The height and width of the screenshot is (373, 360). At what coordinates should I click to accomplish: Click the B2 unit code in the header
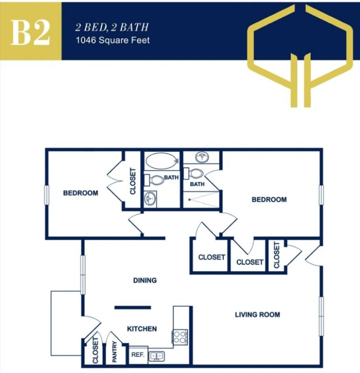pyautogui.click(x=30, y=32)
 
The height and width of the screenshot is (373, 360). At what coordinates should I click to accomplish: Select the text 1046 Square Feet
pyautogui.click(x=112, y=40)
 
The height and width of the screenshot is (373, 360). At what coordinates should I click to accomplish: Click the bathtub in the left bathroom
pyautogui.click(x=161, y=161)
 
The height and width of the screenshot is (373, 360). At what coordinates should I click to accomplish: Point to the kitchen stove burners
pyautogui.click(x=180, y=337)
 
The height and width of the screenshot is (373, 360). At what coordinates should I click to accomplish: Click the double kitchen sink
pyautogui.click(x=157, y=357)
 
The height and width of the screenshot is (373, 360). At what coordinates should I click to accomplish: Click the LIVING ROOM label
pyautogui.click(x=257, y=315)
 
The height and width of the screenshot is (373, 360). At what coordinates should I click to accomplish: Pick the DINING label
pyautogui.click(x=145, y=280)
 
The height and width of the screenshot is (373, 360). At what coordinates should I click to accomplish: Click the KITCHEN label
pyautogui.click(x=142, y=329)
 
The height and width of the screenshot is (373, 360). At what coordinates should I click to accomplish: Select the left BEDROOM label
pyautogui.click(x=81, y=193)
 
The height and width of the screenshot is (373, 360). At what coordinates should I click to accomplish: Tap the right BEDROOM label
pyautogui.click(x=269, y=200)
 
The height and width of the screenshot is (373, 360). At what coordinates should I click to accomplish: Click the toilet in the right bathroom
pyautogui.click(x=197, y=174)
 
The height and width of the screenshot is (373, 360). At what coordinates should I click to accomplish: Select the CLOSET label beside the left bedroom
pyautogui.click(x=132, y=181)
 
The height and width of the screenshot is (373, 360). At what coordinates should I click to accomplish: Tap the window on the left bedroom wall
pyautogui.click(x=47, y=194)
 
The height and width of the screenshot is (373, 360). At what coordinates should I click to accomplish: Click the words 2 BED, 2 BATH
pyautogui.click(x=112, y=28)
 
